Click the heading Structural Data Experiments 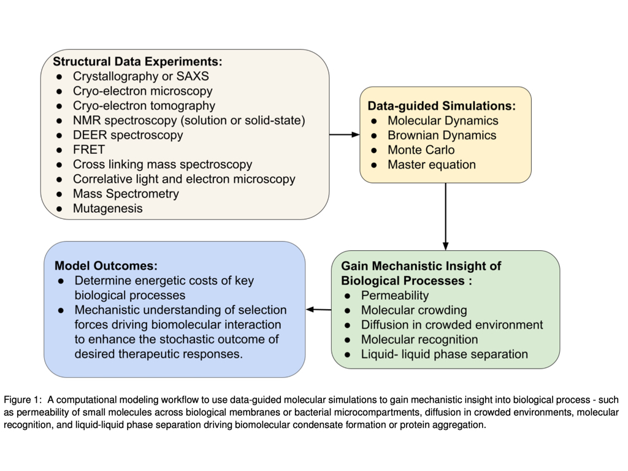tap(137, 61)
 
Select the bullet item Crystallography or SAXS tap(140, 77)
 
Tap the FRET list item tap(89, 150)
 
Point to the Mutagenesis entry tap(107, 209)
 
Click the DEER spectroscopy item tap(128, 135)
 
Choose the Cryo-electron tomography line tap(144, 105)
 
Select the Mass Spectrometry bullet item tap(126, 194)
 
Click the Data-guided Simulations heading tap(442, 105)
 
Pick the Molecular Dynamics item tap(443, 121)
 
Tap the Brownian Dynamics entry tap(442, 136)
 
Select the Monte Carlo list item tap(421, 150)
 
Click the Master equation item tap(431, 165)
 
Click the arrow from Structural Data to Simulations tap(345, 134)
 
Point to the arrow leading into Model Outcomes tap(318, 309)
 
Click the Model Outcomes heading tap(106, 266)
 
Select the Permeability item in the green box tap(395, 296)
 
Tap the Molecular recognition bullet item tap(419, 340)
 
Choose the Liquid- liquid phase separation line tap(444, 354)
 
